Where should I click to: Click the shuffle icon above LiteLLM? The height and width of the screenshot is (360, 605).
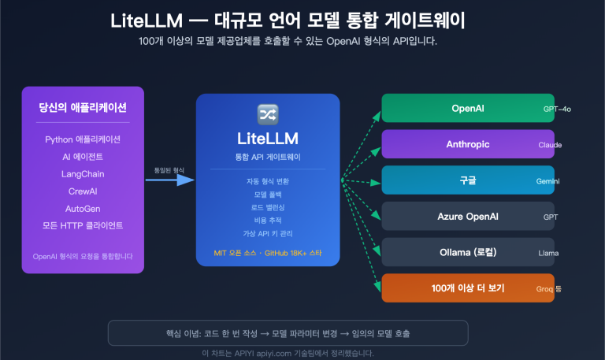click(268, 113)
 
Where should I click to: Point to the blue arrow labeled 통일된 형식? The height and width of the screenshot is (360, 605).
click(170, 180)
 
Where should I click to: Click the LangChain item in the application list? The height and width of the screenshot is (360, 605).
click(83, 174)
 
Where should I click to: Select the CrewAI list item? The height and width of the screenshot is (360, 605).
click(83, 191)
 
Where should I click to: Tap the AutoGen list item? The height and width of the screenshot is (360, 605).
click(83, 209)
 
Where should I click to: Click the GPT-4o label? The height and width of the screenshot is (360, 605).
click(557, 109)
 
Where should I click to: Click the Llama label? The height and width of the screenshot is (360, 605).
click(548, 253)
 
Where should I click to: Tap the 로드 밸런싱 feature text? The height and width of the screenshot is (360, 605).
click(268, 207)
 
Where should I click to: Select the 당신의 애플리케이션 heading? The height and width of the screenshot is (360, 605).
click(83, 107)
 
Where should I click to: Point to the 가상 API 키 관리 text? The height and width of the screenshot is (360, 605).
click(268, 233)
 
